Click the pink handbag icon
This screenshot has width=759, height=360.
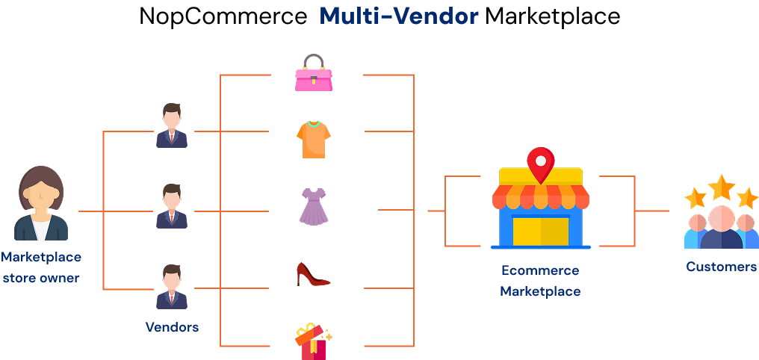314,74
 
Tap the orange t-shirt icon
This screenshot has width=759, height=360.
313,139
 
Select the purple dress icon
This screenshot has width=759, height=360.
314,206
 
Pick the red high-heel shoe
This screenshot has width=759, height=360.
313,274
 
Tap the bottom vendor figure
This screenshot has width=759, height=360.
172,287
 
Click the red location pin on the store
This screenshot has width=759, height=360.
540,162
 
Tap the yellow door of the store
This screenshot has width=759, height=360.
541,231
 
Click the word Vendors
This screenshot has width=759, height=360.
172,327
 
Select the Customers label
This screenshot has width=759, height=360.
722,267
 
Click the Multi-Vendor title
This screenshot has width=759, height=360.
399,16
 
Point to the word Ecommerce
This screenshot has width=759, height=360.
540,270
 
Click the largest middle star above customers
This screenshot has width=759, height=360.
722,187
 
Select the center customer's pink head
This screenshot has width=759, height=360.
722,219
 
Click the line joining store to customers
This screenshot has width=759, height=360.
651,211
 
